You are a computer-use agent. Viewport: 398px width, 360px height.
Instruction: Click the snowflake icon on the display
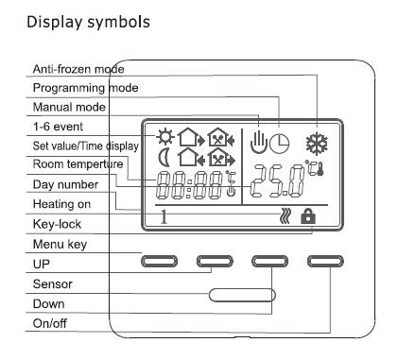(317, 144)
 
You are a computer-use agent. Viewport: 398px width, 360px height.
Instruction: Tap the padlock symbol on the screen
(308, 216)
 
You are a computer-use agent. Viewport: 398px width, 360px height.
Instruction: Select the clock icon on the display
(280, 144)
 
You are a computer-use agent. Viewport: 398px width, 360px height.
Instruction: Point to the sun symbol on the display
(165, 137)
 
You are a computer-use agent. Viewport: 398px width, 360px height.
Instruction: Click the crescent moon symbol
(164, 158)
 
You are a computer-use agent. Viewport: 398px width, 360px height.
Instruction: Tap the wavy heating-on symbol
(286, 216)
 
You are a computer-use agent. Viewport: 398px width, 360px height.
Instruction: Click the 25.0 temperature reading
(278, 182)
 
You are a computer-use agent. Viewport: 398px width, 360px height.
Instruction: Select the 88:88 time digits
(190, 185)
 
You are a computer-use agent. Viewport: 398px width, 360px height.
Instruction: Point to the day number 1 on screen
(164, 216)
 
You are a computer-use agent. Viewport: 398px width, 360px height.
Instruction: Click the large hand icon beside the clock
(259, 143)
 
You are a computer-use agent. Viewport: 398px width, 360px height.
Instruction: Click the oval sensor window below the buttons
(242, 295)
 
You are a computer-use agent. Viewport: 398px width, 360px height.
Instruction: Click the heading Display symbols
(88, 22)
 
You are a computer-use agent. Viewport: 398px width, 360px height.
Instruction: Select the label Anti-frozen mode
(78, 69)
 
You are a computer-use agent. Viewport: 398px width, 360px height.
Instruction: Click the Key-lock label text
(57, 224)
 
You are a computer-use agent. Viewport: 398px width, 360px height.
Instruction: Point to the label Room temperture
(78, 164)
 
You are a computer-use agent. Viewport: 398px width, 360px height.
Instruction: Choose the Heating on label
(61, 204)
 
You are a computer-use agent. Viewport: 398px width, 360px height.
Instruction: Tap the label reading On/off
(50, 323)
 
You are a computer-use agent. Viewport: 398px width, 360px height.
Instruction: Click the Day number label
(65, 184)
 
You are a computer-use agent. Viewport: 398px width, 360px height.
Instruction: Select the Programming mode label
(85, 88)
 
